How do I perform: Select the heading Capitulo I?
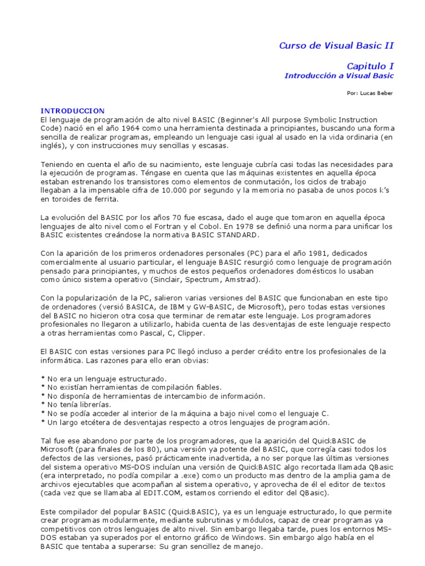(x=370, y=66)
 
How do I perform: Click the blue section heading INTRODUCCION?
(x=72, y=111)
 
